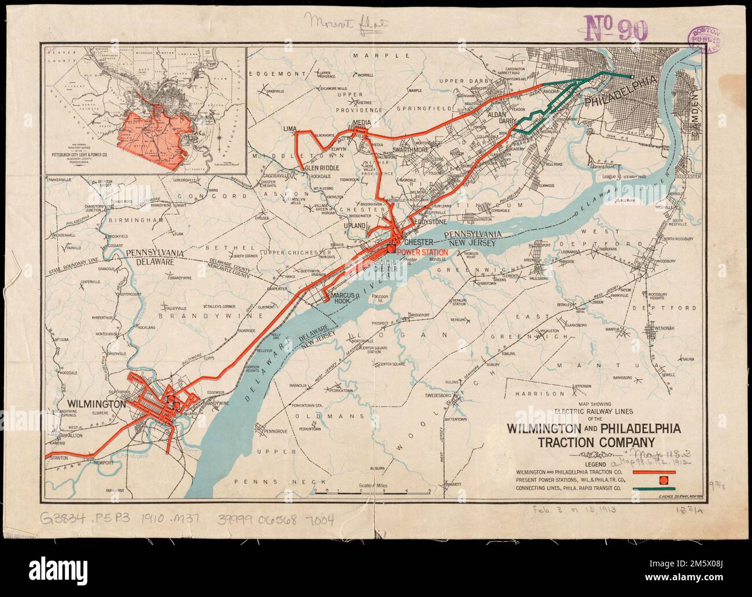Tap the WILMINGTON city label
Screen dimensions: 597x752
pyautogui.click(x=97, y=405)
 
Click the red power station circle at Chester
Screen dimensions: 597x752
pyautogui.click(x=392, y=249)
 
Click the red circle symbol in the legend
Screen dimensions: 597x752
pyautogui.click(x=663, y=480)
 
